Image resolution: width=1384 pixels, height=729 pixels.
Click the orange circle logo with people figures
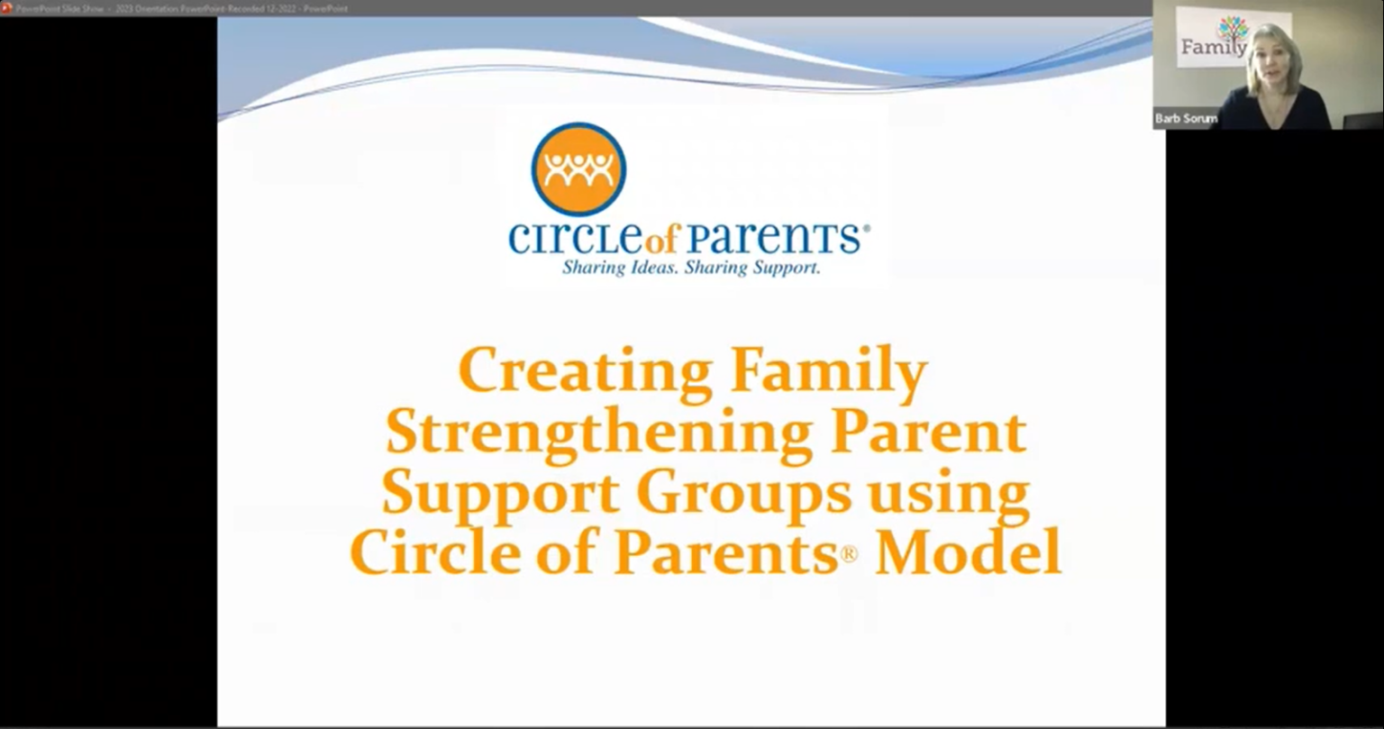[578, 169]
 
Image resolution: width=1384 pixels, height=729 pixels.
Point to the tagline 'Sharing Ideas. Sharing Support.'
[691, 268]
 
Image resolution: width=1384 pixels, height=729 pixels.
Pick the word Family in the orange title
[829, 371]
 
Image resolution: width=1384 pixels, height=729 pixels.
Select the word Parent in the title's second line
[928, 433]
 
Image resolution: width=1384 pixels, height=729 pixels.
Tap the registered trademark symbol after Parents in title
[849, 556]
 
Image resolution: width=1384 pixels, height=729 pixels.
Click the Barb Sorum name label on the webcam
[1186, 119]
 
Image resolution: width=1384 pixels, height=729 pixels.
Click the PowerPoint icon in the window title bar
[6, 8]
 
